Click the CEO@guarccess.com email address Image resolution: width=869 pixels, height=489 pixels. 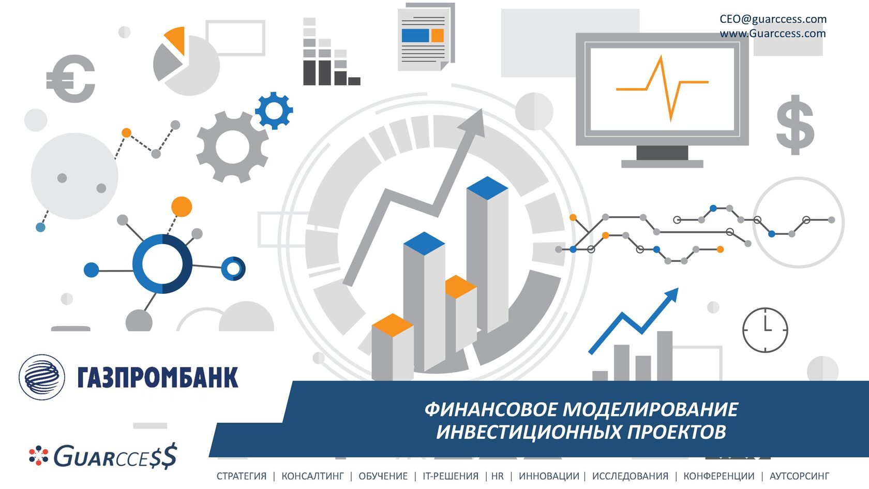(773, 19)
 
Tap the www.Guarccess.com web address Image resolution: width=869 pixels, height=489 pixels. (773, 33)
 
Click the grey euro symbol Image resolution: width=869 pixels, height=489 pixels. (70, 79)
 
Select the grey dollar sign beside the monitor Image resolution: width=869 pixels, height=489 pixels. (796, 125)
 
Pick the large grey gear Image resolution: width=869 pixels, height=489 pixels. (232, 147)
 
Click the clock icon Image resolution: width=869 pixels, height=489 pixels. (765, 330)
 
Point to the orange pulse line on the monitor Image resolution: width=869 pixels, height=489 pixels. (662, 88)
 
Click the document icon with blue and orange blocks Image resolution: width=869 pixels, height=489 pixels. (426, 37)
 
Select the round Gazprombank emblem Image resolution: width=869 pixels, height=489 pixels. (42, 377)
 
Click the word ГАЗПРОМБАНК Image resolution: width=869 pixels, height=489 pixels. (158, 377)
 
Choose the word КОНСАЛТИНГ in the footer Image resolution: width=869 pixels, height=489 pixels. (312, 476)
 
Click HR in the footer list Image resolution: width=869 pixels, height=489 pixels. (498, 476)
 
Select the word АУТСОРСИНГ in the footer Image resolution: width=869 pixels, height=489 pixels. (800, 476)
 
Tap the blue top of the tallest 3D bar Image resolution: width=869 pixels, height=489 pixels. (487, 188)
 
